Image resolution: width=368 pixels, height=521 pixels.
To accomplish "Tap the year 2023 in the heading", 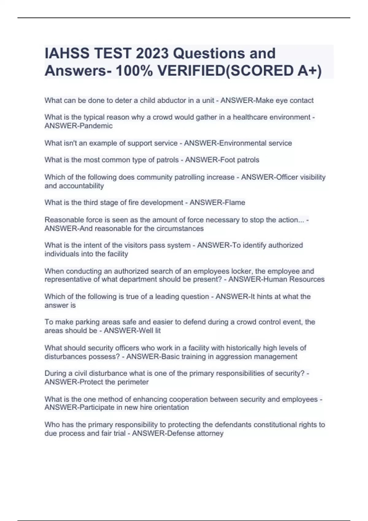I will coord(152,53).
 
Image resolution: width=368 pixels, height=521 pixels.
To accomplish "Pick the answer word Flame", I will coord(235,203).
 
